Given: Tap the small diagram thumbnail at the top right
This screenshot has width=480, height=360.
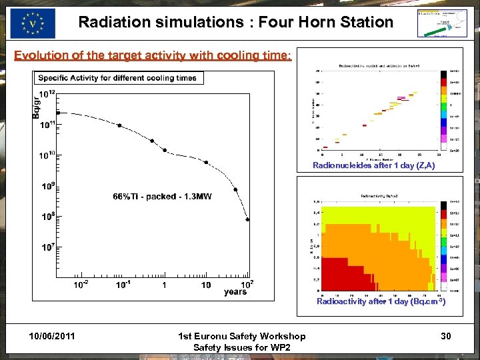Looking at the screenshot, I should [441, 23].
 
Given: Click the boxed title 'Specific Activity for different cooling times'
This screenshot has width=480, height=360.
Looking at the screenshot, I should [117, 78].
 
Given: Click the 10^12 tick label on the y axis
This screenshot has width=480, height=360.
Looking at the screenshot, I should [47, 95].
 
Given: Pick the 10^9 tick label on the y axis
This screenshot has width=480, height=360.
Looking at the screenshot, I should [47, 186].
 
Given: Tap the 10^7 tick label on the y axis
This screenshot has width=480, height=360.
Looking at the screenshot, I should [47, 247].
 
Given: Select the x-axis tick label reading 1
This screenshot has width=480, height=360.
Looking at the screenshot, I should [164, 286].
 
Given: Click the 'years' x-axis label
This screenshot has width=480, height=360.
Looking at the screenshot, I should [235, 292].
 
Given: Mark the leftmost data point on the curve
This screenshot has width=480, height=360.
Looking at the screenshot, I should [57, 113].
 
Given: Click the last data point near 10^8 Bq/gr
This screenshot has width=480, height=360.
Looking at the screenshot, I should [248, 219].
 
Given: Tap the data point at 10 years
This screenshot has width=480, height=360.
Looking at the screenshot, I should [206, 162].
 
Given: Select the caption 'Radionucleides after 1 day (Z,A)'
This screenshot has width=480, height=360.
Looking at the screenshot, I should [373, 165].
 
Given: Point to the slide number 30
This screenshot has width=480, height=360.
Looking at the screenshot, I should [445, 337].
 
